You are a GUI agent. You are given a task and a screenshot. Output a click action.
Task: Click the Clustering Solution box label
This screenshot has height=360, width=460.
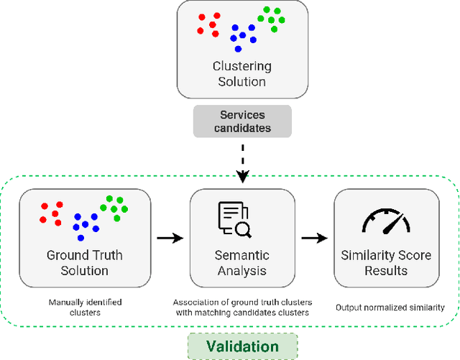pyautogui.click(x=242, y=74)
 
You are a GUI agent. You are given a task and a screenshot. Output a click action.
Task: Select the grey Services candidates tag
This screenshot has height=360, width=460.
pyautogui.click(x=242, y=121)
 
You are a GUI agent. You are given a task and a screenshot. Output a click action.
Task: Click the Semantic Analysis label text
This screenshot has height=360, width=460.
pyautogui.click(x=242, y=263)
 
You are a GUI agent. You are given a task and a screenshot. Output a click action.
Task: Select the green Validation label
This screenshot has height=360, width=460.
pyautogui.click(x=242, y=346)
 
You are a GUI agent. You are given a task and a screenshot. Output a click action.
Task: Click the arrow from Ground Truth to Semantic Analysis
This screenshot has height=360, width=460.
pyautogui.click(x=170, y=236)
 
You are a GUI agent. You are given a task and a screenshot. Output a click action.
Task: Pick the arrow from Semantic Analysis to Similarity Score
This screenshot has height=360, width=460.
pyautogui.click(x=314, y=236)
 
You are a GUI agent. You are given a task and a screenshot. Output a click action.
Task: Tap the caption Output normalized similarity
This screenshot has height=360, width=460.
pyautogui.click(x=390, y=308)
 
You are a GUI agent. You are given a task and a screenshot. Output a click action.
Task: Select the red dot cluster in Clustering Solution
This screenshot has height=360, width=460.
pyautogui.click(x=209, y=25)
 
